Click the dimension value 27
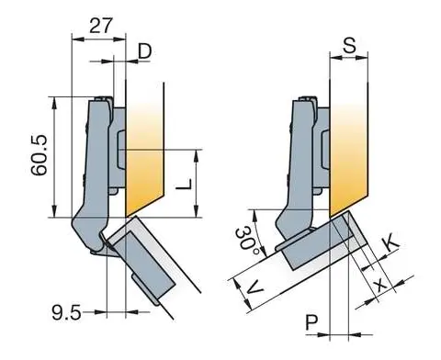click(x=101, y=26)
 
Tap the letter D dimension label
click(x=145, y=51)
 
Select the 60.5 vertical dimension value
click(x=40, y=155)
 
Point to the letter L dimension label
click(x=184, y=184)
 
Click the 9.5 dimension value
click(x=66, y=313)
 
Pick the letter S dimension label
click(x=349, y=46)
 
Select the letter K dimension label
click(x=390, y=242)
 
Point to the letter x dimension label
click(x=381, y=285)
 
